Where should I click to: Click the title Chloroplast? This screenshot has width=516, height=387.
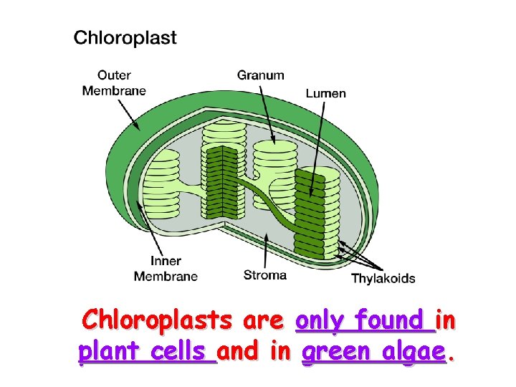[x=125, y=38]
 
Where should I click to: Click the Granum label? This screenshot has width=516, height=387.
[x=261, y=75]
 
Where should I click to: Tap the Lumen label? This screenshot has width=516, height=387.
[x=325, y=92]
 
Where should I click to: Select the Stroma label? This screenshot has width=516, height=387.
[x=264, y=274]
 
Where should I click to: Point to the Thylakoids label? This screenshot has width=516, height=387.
[x=383, y=278]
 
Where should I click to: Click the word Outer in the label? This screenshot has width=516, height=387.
[x=114, y=75]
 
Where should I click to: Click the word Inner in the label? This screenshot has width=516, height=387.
[x=166, y=261]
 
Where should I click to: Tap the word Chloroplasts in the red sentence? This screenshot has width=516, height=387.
[x=157, y=320]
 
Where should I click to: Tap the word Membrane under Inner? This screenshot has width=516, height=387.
[x=166, y=276]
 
